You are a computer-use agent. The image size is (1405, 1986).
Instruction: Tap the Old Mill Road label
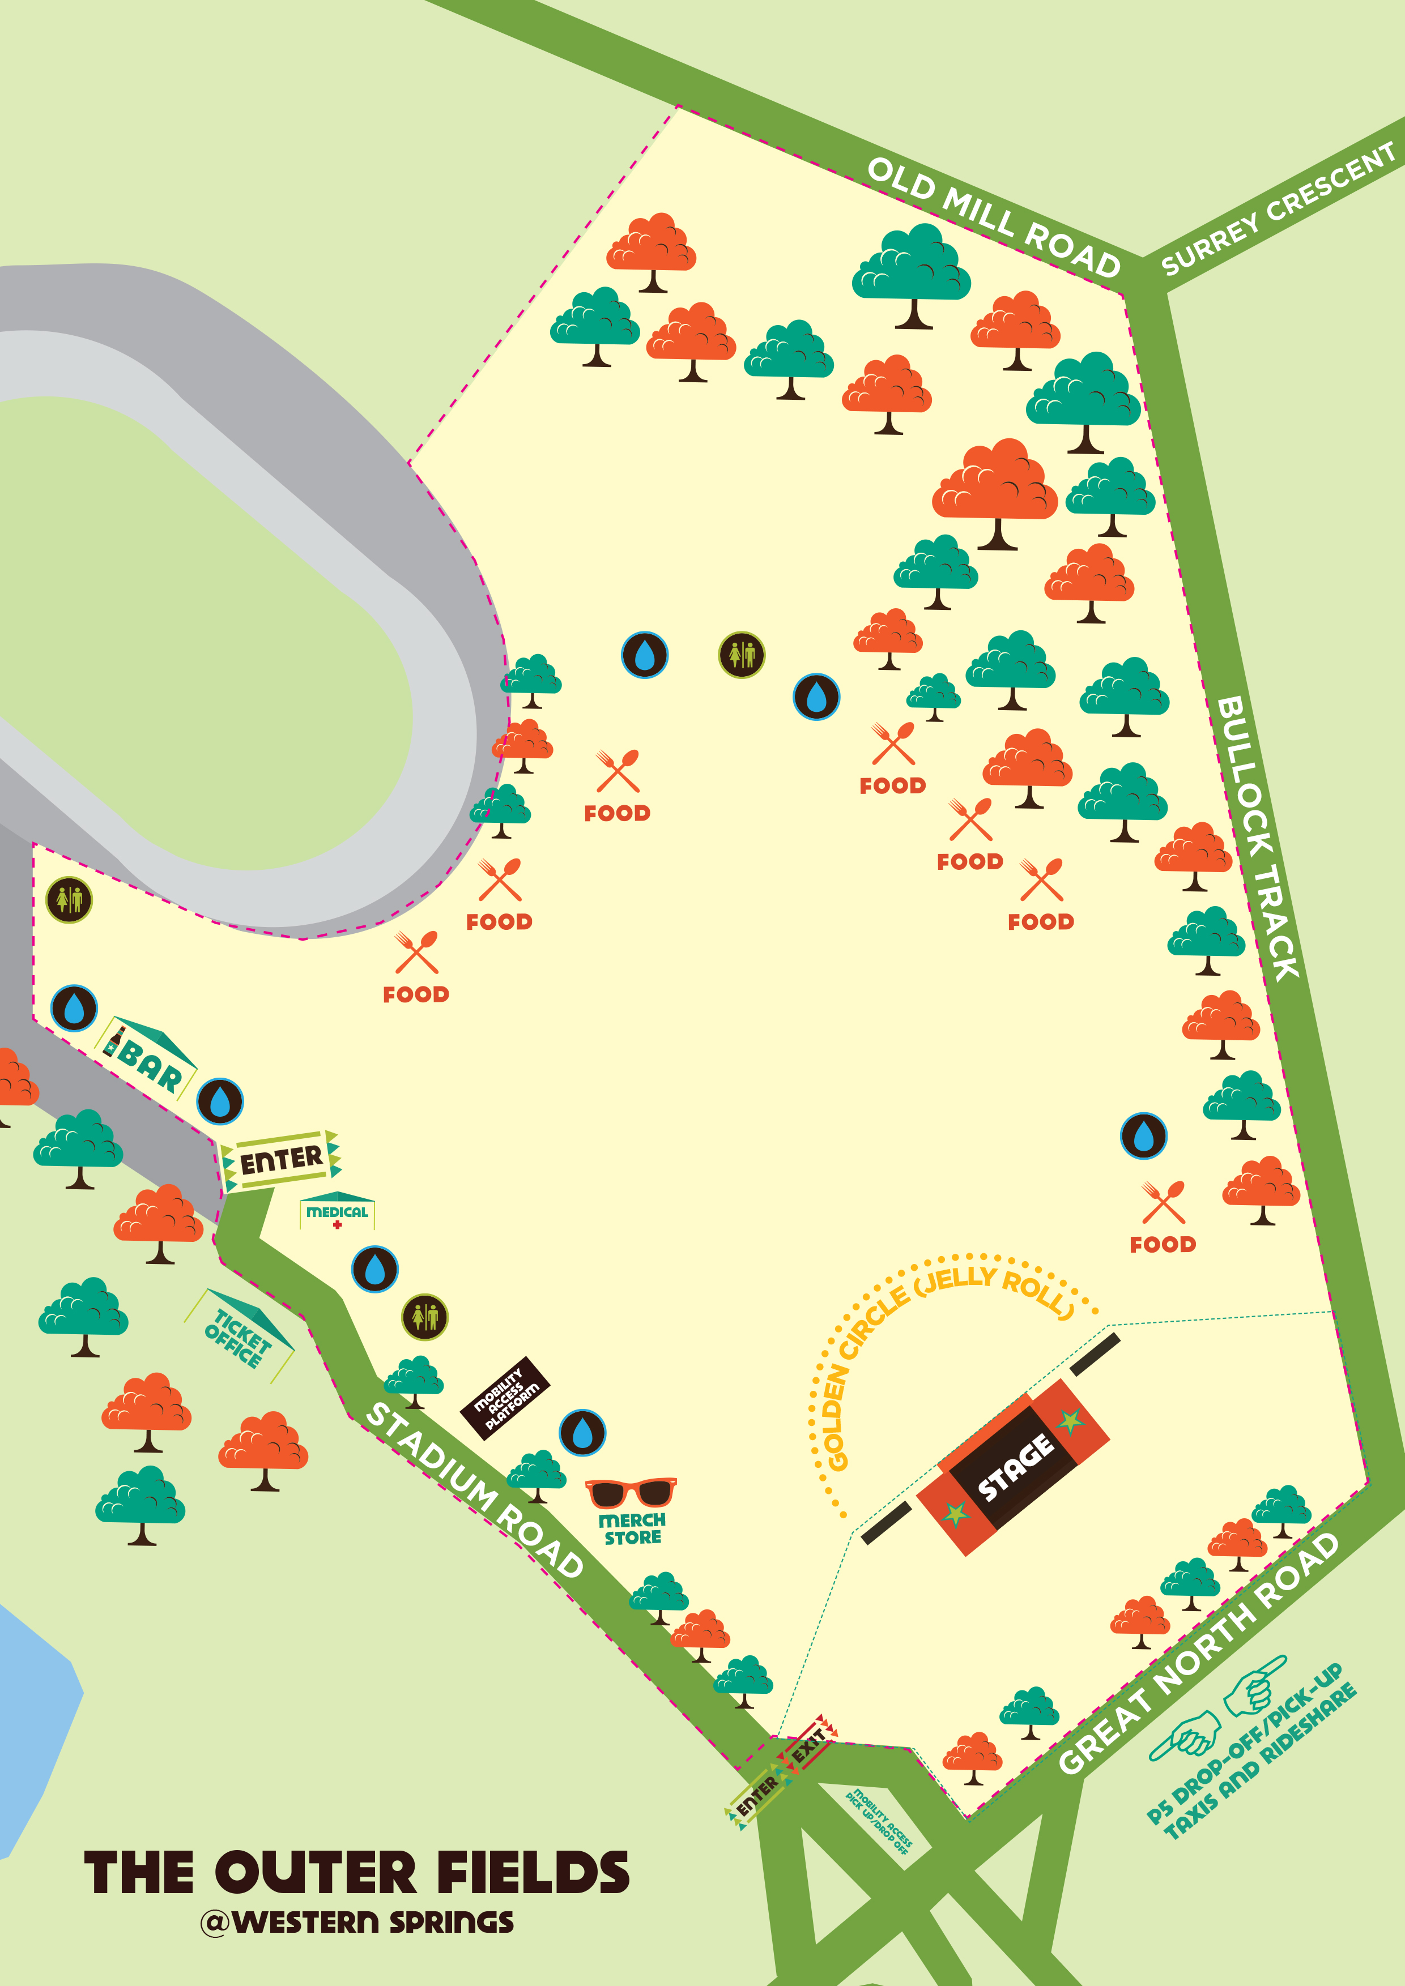pyautogui.click(x=993, y=216)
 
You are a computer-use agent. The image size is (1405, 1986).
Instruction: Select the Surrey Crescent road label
pyautogui.click(x=1278, y=210)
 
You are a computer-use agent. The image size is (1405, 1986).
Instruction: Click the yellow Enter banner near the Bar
pyautogui.click(x=281, y=1160)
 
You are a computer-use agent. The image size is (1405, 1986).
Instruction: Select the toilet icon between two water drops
pyautogui.click(x=742, y=655)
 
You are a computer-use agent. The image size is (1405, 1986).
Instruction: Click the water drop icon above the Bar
pyautogui.click(x=74, y=1007)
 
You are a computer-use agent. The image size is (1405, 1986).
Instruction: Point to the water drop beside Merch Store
pyautogui.click(x=582, y=1433)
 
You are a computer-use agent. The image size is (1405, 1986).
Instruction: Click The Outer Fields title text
pyautogui.click(x=356, y=1873)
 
